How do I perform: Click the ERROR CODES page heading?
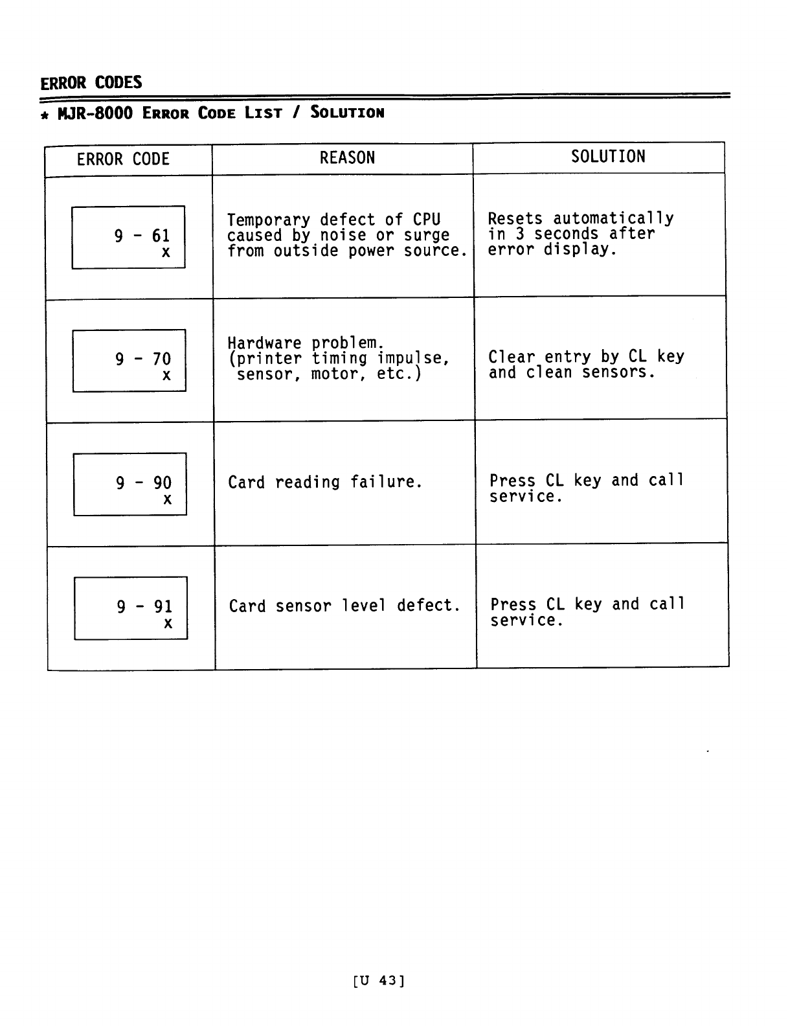(91, 82)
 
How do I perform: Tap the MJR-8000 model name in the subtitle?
(95, 113)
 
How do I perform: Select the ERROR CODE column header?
(123, 159)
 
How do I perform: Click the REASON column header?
(347, 158)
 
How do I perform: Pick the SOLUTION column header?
(608, 157)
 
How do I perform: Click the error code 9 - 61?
(142, 236)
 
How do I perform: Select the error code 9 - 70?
(143, 359)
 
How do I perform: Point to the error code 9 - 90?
(144, 483)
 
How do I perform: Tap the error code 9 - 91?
(144, 607)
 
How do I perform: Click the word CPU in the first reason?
(427, 220)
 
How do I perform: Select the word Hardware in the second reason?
(264, 343)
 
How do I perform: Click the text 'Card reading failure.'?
(325, 483)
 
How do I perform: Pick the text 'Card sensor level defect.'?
(344, 606)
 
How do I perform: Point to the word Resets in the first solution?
(515, 219)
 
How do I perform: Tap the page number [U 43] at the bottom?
(379, 981)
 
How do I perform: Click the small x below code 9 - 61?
(166, 253)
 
